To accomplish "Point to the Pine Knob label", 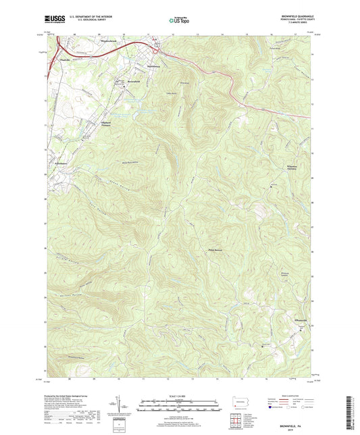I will [214, 249].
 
